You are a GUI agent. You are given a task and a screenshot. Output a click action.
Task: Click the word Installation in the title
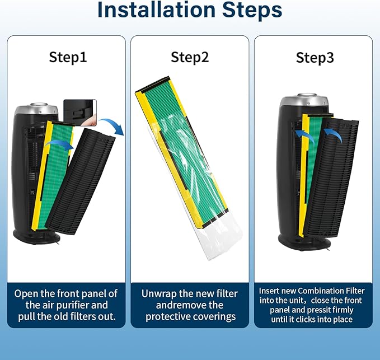pos(156,10)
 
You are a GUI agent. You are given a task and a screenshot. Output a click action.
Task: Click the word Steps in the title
pos(252,10)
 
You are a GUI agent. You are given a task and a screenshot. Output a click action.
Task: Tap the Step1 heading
pos(68,58)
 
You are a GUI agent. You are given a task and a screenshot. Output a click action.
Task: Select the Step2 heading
pos(190,58)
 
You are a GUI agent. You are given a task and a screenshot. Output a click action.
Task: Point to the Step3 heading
pos(315,58)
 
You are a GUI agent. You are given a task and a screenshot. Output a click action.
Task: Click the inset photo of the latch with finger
pos(80,113)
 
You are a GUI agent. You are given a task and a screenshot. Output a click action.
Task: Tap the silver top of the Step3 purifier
pos(304,100)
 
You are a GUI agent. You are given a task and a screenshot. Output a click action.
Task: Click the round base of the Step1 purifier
pos(36,236)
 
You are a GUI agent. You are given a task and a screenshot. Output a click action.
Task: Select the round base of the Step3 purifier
pos(304,242)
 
